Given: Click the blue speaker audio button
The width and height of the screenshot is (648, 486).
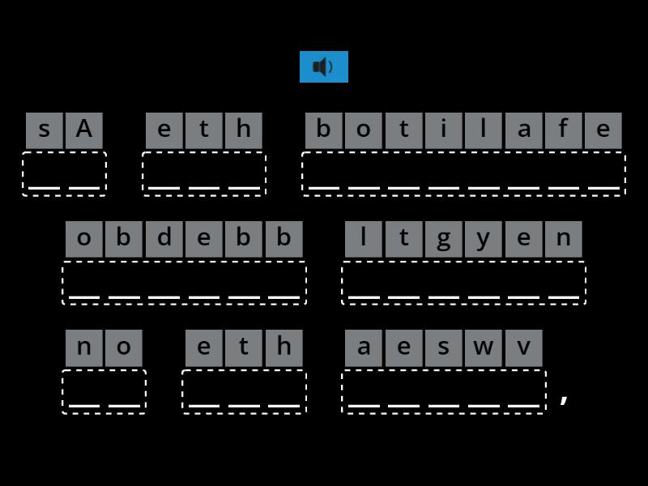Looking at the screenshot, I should (x=324, y=66).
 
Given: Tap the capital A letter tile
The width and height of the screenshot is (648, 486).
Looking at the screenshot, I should (x=84, y=130).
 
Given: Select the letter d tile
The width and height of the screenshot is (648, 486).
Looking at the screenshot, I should (x=164, y=239).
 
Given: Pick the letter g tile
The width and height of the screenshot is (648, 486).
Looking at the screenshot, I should (x=443, y=239).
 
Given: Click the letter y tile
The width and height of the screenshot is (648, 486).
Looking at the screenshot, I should (x=484, y=239).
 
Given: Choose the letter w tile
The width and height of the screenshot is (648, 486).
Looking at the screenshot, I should (x=484, y=347).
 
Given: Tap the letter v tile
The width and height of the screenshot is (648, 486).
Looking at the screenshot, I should (x=523, y=347).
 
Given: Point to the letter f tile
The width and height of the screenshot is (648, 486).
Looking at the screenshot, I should (x=563, y=130).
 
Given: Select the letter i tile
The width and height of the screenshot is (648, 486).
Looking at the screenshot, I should (x=444, y=130).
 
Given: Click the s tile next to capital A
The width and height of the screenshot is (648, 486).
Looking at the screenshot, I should (x=44, y=130).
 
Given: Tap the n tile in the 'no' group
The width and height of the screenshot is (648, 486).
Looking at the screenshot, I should (x=84, y=347).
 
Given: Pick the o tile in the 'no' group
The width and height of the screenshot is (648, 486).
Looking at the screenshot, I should (x=124, y=347).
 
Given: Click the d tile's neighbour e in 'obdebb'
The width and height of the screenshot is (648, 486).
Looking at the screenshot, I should (x=203, y=239).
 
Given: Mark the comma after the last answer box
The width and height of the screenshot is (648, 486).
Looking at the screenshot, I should (x=565, y=398).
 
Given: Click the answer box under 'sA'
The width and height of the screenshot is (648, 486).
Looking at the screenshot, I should (x=64, y=173).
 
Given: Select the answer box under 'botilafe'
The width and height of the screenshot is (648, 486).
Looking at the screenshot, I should (x=463, y=173).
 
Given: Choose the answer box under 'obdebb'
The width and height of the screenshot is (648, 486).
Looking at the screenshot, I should (x=184, y=283).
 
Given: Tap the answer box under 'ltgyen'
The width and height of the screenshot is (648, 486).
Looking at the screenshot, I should (x=463, y=283).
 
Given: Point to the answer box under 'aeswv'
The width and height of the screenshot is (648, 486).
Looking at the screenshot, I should (x=444, y=391).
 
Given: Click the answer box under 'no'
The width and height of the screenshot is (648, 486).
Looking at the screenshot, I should (x=104, y=391).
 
